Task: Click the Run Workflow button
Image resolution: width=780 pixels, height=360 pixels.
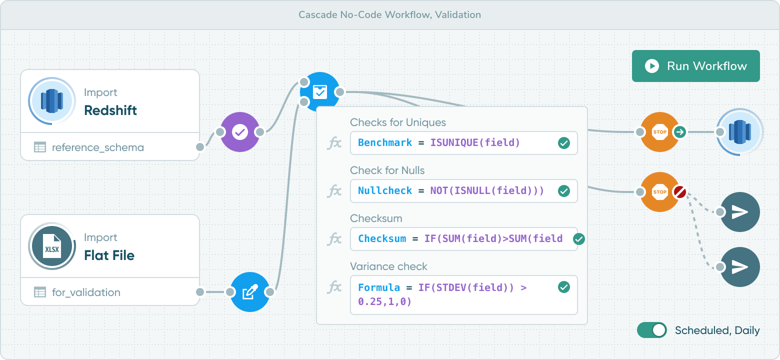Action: click(695, 66)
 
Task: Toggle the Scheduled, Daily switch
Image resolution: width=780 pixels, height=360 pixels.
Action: click(652, 330)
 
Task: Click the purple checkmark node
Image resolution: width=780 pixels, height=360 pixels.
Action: click(240, 132)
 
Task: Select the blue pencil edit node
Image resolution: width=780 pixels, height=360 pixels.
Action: click(250, 292)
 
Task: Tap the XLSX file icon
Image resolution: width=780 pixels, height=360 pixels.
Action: click(52, 246)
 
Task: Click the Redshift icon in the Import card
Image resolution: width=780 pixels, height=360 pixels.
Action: click(52, 101)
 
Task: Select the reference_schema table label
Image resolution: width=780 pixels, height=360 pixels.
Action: click(98, 147)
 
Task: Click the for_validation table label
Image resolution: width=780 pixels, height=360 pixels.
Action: click(86, 292)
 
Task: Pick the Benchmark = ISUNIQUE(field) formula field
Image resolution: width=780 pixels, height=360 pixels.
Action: click(464, 142)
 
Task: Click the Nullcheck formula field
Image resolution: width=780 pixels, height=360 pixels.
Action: click(464, 191)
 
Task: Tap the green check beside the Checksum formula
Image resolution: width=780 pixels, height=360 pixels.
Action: click(578, 239)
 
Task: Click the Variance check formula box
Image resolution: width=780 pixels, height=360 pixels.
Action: click(464, 295)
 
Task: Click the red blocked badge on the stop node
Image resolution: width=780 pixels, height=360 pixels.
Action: click(679, 192)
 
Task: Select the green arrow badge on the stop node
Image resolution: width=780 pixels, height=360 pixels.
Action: click(679, 132)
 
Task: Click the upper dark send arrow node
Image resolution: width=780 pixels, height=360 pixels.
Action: click(740, 211)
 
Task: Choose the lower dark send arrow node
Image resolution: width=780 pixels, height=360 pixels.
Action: click(740, 267)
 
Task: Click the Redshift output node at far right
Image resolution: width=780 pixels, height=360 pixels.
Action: click(740, 132)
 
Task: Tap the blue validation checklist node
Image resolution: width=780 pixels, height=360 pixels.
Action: click(319, 92)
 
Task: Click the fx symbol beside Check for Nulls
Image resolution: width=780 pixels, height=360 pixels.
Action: click(334, 191)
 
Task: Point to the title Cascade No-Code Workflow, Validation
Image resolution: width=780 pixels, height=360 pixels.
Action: click(389, 14)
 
